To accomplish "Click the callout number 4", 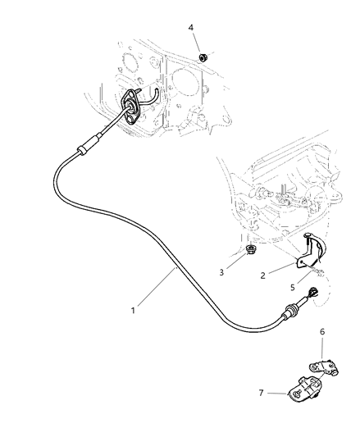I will pyautogui.click(x=191, y=28).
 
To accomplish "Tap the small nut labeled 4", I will pyautogui.click(x=203, y=57).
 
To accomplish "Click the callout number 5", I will pyautogui.click(x=291, y=286).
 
